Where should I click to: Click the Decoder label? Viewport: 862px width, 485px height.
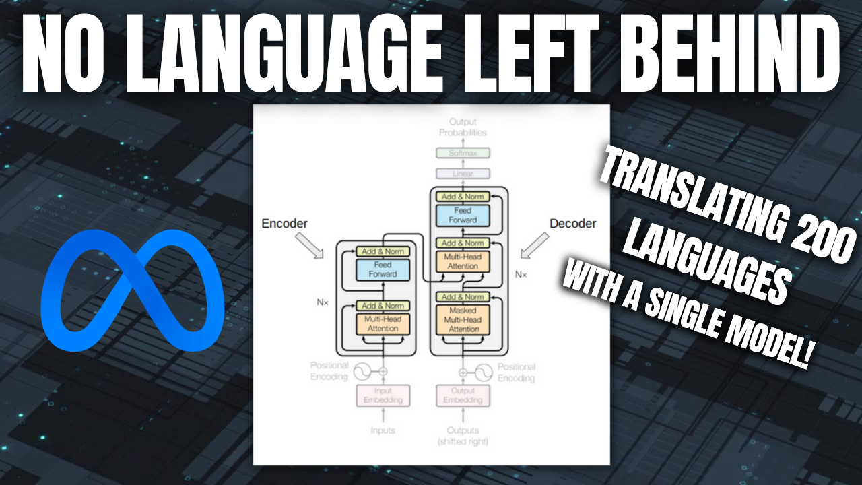pos(572,224)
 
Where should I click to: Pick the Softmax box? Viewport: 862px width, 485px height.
pos(463,153)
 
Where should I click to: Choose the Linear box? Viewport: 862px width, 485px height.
pos(463,174)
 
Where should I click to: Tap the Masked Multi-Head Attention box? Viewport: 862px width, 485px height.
pos(463,319)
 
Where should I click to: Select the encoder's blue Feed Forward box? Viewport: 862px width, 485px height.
pos(382,269)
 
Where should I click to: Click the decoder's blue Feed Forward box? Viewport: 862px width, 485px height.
pos(463,215)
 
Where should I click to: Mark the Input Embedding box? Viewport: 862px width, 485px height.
pos(382,395)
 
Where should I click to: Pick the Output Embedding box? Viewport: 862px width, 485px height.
pos(463,395)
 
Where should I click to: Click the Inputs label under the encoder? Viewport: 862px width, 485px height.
pos(382,430)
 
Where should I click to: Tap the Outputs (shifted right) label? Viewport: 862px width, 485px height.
pos(463,435)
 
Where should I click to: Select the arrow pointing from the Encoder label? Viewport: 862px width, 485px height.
pos(311,246)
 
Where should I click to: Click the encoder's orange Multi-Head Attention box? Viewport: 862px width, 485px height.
pos(382,323)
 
